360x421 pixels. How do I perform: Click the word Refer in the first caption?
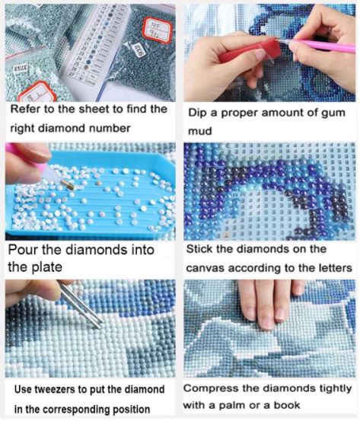[27, 109]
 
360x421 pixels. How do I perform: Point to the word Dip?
[199, 113]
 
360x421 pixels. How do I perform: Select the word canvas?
[208, 268]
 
